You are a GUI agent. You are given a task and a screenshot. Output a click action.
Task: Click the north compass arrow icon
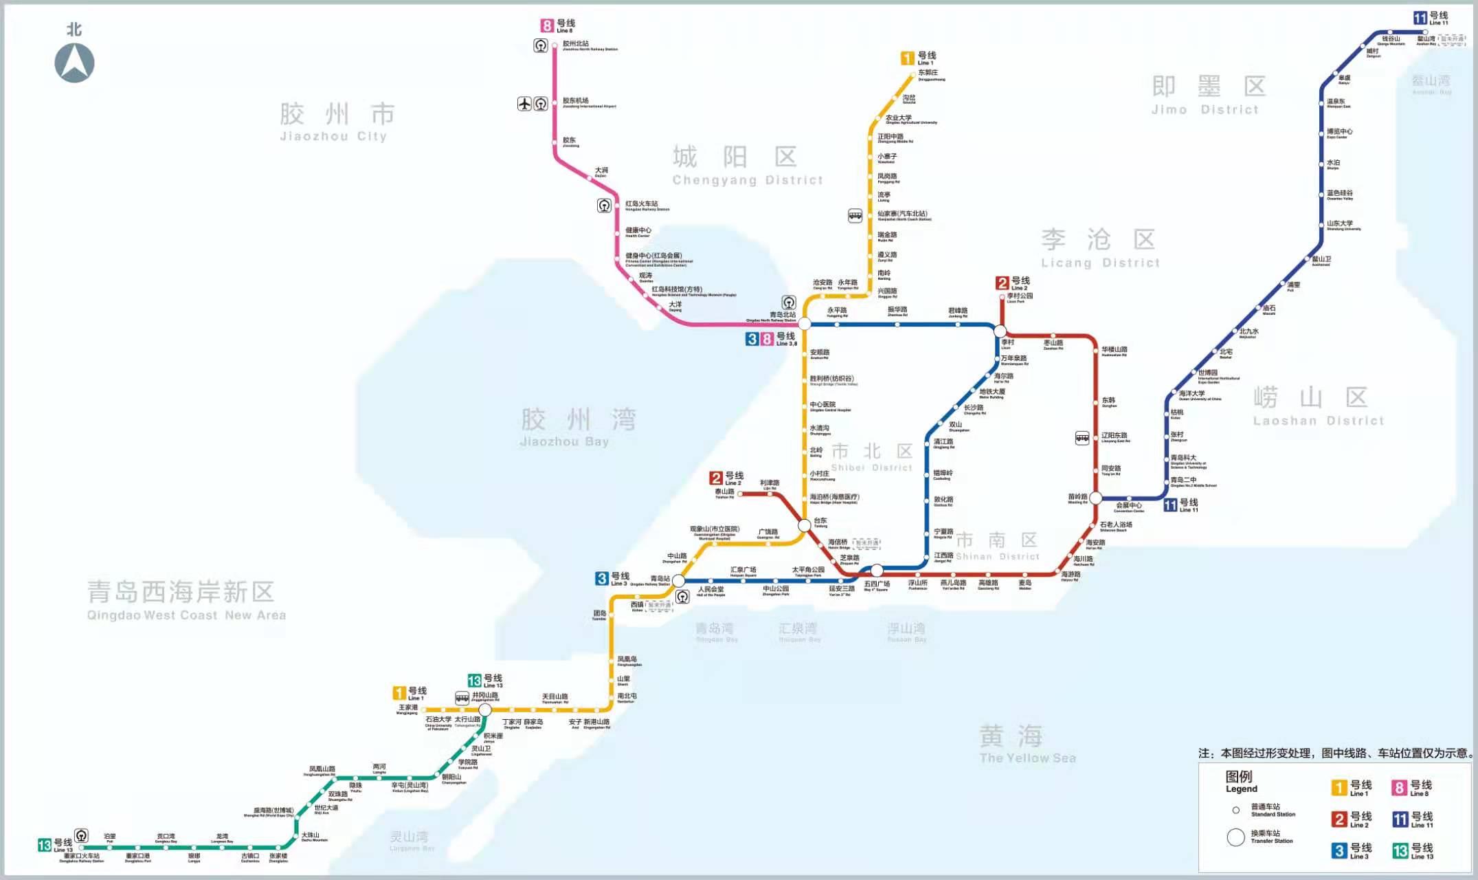pos(74,63)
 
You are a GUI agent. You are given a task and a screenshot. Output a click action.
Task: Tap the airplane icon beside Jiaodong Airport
pos(524,104)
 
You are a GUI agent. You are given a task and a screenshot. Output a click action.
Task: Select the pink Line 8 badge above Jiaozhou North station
pos(547,26)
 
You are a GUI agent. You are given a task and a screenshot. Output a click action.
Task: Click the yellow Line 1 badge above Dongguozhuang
pos(908,58)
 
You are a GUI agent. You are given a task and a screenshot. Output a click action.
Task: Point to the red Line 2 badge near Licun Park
pos(1003,283)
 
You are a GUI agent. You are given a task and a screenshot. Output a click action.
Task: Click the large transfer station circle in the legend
pos(1235,837)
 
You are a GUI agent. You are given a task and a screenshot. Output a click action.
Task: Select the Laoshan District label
pos(1318,406)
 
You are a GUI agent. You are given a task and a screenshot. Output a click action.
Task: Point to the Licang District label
pos(1099,248)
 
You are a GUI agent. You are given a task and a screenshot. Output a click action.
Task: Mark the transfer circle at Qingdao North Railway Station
pos(804,324)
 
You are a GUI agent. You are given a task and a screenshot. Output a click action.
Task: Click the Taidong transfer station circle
pos(805,525)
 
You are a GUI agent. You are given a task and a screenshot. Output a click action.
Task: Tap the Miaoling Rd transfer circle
pos(1096,498)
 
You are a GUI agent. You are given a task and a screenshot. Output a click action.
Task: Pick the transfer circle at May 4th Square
pos(877,570)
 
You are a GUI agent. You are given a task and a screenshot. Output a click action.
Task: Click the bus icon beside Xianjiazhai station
pos(855,216)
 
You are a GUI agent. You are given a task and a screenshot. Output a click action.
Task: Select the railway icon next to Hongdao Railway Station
pos(604,206)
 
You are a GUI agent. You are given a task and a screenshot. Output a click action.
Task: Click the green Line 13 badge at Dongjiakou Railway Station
pos(45,845)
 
